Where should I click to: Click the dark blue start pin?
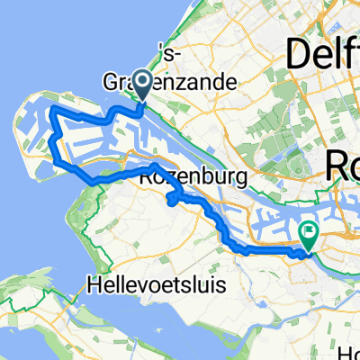point(144,85)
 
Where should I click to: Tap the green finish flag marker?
point(308,236)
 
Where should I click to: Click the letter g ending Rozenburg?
point(224,181)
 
